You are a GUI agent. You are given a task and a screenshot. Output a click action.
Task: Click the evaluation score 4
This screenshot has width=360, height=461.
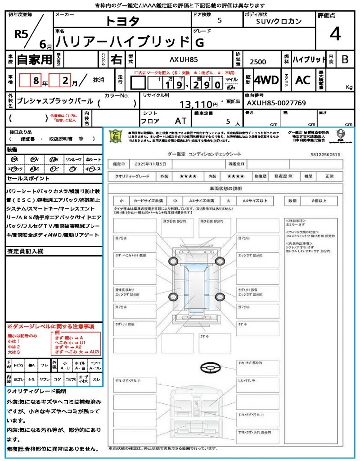[x=335, y=34]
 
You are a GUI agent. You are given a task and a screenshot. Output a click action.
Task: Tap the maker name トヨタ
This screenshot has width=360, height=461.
[x=122, y=21]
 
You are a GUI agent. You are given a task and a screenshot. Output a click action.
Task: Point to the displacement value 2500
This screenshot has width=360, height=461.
[x=257, y=62]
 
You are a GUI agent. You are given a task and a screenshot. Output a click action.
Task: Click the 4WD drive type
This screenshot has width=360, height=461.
[x=266, y=80]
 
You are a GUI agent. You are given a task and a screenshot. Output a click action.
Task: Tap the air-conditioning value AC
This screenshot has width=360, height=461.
[x=303, y=80]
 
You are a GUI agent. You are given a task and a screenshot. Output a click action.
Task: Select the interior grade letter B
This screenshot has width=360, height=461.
[x=345, y=59]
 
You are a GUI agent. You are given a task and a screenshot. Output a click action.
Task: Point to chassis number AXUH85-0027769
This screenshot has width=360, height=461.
[x=276, y=104]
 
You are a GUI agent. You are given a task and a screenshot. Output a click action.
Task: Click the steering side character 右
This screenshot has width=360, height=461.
[x=116, y=59]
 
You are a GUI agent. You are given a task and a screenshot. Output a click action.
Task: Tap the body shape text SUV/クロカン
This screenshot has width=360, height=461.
[x=279, y=21]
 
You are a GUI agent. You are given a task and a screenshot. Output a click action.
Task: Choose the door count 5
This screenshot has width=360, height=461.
[x=219, y=21]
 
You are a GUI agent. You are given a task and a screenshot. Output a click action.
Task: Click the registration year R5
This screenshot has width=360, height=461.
[x=21, y=34]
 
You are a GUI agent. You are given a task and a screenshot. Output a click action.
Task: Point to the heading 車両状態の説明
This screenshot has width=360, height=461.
[x=225, y=188]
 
